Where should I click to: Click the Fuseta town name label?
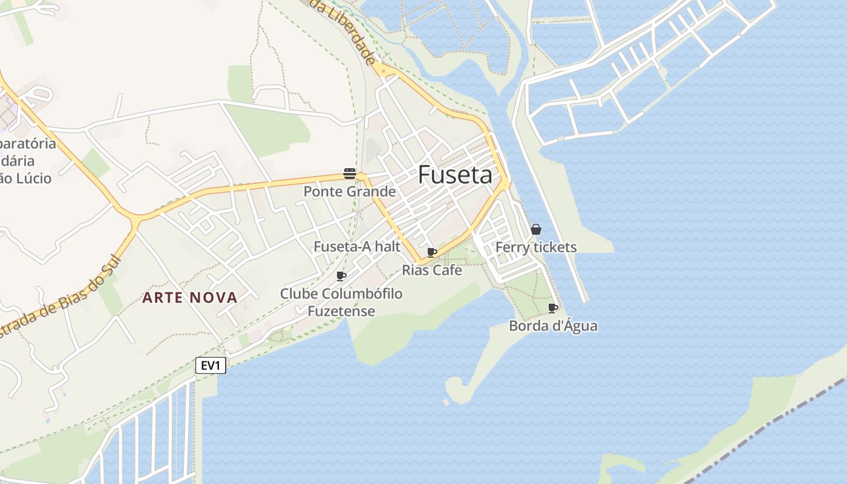(455, 175)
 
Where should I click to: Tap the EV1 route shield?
(211, 365)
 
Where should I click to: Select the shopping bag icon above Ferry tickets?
(535, 229)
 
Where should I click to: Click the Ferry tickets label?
(536, 247)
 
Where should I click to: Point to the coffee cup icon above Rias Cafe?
(432, 252)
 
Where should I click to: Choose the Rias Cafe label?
(432, 270)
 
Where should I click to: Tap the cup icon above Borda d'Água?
(552, 308)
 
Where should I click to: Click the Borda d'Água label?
(553, 326)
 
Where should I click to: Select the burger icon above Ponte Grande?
(349, 174)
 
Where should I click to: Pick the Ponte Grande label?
(350, 192)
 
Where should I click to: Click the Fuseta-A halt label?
(357, 247)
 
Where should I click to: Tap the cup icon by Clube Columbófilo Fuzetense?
(341, 276)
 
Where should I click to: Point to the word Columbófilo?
(362, 294)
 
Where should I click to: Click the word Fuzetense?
(341, 312)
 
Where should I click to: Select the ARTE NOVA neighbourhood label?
(190, 298)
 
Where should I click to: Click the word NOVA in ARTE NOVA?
(214, 298)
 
